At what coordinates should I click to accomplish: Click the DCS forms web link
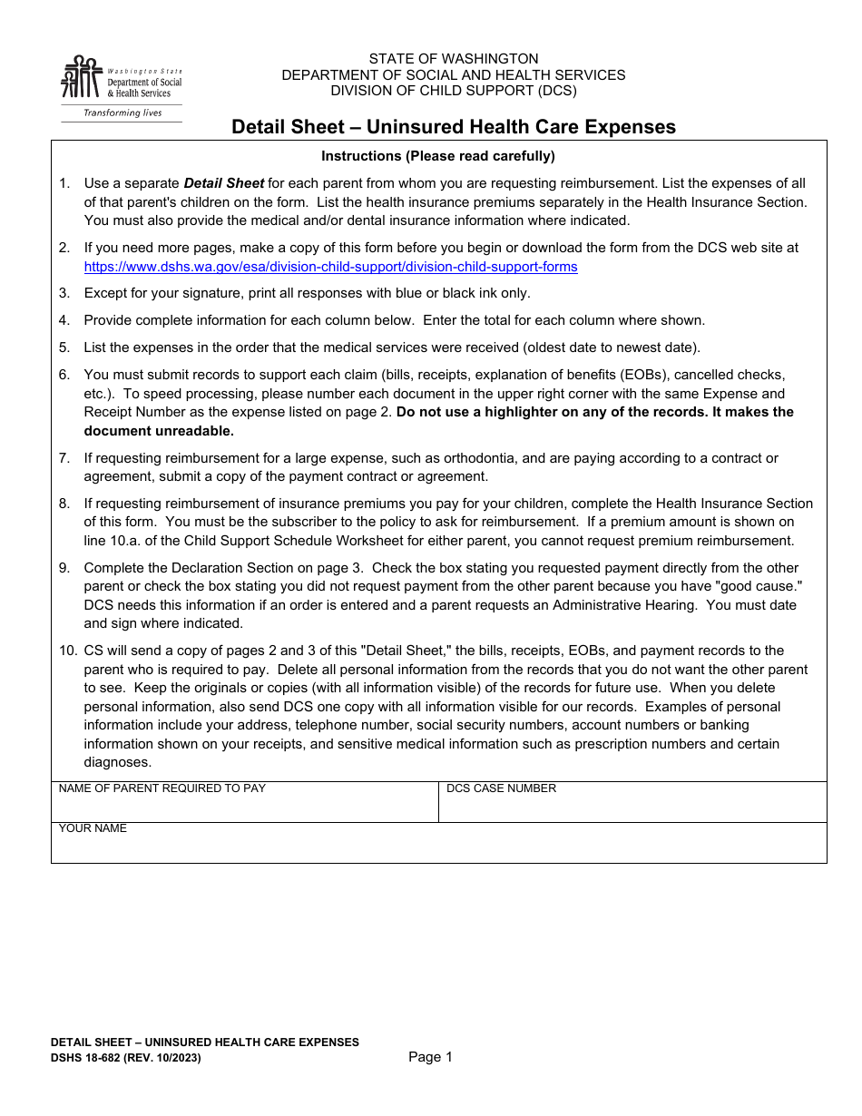(330, 267)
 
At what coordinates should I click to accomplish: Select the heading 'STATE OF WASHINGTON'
(453, 59)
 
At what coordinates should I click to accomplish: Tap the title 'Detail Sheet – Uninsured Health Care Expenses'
(453, 127)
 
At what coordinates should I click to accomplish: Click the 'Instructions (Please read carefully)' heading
(438, 156)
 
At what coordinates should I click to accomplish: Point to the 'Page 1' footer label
(430, 1057)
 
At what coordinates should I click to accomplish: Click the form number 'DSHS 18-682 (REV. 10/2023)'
(126, 1058)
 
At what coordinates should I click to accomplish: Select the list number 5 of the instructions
(64, 348)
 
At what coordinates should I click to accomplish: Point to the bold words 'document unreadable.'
(159, 431)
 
